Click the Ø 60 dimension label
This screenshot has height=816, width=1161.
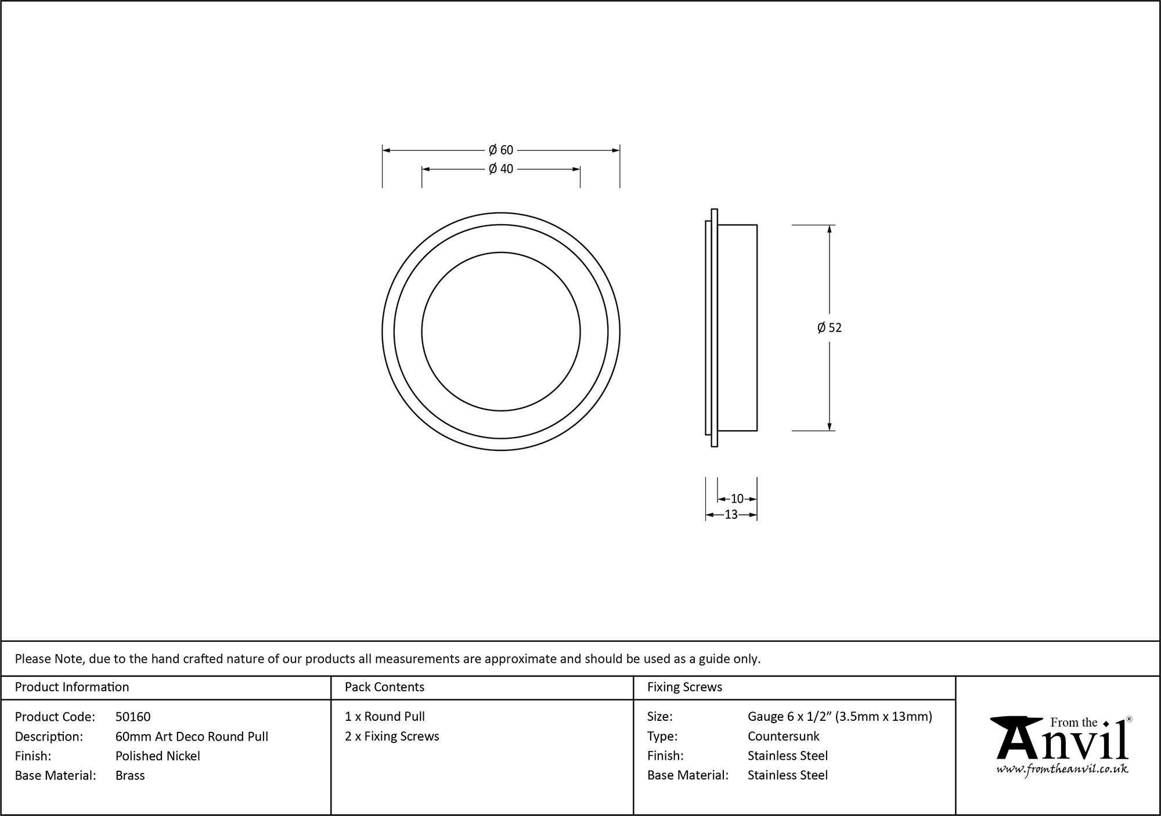coord(501,150)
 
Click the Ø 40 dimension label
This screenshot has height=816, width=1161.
coord(501,169)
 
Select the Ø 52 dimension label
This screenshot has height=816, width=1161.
coord(829,328)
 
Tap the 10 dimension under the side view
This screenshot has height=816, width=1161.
coord(737,499)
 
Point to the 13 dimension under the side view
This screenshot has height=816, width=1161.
coord(731,514)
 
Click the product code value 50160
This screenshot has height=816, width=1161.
coord(133,717)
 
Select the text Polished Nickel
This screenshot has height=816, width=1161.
coord(157,756)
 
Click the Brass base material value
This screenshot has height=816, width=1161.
coord(130,775)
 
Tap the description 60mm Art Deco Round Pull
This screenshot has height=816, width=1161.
coord(192,736)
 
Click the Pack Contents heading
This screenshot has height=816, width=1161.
coord(384,687)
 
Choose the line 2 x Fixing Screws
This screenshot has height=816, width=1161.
coord(392,736)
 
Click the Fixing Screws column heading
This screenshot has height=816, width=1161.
coord(684,687)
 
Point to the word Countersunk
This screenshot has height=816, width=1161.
coord(783,736)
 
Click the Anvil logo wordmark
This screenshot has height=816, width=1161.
coord(1062,743)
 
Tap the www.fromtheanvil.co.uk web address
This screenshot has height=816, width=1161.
coord(1062,769)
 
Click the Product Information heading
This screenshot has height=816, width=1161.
coord(72,687)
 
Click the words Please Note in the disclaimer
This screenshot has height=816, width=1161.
coord(49,659)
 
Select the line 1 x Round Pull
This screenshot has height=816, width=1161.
coord(384,717)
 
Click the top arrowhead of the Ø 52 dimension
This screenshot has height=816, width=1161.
coord(829,229)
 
